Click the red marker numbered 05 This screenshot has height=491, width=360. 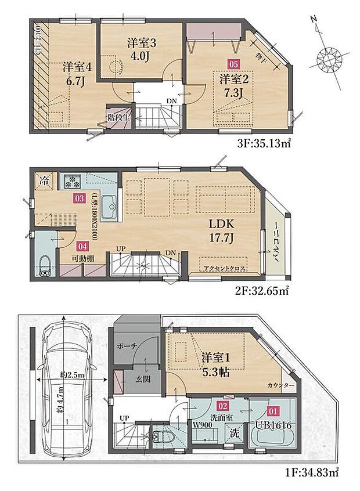(x=233, y=65)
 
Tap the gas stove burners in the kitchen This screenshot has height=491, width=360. (x=73, y=181)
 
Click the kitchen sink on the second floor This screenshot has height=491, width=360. (x=109, y=207)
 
